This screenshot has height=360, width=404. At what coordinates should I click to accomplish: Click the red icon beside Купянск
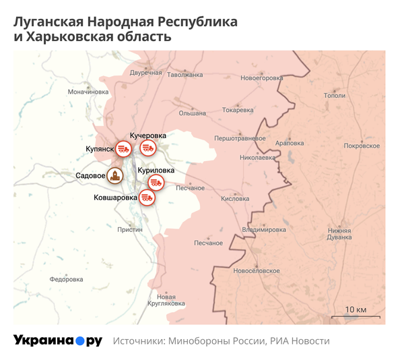(x=123, y=148)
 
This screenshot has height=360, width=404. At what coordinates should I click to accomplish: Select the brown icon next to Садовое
(x=116, y=177)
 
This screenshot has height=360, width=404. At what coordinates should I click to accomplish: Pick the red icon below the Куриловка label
(x=156, y=183)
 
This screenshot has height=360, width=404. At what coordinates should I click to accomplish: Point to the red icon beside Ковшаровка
(x=147, y=198)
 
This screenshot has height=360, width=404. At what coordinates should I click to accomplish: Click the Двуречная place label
(x=146, y=72)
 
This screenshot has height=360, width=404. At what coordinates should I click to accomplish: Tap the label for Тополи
(x=334, y=96)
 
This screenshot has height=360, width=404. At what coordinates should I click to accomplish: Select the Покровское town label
(x=361, y=146)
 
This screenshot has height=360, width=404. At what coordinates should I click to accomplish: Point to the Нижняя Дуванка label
(x=339, y=233)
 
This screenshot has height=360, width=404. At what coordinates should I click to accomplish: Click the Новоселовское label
(x=255, y=270)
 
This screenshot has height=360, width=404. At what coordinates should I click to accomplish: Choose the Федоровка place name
(x=66, y=279)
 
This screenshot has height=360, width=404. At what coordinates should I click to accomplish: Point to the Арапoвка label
(x=290, y=143)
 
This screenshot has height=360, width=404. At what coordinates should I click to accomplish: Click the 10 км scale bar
(x=355, y=316)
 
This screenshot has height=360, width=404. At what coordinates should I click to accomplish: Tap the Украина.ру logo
(x=58, y=340)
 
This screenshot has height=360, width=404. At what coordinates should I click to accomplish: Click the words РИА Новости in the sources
(x=300, y=341)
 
